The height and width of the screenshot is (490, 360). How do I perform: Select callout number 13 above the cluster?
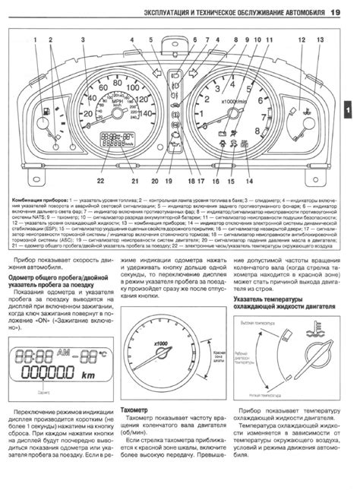[x=320, y=39]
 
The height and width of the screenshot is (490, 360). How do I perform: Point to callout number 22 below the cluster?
[x=99, y=160]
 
